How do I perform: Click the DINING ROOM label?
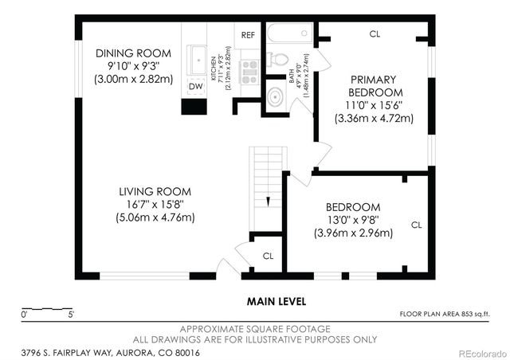coord(133,53)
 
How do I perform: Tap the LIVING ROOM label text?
coord(155,191)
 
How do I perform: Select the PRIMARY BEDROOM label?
coord(374,86)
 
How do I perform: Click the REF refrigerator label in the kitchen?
coord(248,35)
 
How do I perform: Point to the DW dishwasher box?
coord(196,87)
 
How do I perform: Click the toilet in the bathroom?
coord(277,60)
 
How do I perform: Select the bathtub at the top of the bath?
coord(290,33)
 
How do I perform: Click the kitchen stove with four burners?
coord(249,72)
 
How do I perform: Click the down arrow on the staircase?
coord(268,202)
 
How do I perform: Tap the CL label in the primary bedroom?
coord(375,33)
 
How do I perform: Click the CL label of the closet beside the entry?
coord(268,256)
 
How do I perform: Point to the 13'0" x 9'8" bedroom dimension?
coord(354,220)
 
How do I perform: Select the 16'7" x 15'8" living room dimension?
coord(155,205)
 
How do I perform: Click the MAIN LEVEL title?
coord(277,302)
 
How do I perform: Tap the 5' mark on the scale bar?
coord(71,315)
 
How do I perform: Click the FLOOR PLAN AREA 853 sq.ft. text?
coord(445,314)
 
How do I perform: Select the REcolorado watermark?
coord(482,353)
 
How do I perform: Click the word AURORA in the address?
coord(134,353)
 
